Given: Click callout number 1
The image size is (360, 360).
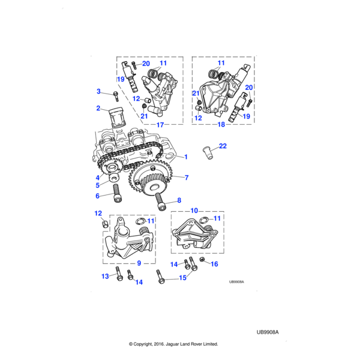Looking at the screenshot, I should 186,157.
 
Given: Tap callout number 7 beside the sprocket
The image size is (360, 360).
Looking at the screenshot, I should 187,178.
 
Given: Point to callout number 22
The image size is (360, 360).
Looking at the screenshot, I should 223,146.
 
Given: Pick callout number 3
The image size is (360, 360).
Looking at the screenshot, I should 98,91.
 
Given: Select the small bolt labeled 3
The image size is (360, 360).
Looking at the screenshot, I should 115,94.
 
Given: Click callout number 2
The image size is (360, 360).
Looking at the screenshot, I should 98,109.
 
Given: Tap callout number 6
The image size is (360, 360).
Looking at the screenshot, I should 98,196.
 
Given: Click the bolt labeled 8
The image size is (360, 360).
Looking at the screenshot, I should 160,203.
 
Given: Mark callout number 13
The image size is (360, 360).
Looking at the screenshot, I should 104,276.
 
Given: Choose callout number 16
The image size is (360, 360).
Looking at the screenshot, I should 215,264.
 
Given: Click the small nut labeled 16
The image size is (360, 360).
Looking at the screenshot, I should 202,262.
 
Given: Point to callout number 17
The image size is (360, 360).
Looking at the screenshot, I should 160,125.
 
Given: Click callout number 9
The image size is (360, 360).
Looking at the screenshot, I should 139,263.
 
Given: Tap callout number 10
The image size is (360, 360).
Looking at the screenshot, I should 194,211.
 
